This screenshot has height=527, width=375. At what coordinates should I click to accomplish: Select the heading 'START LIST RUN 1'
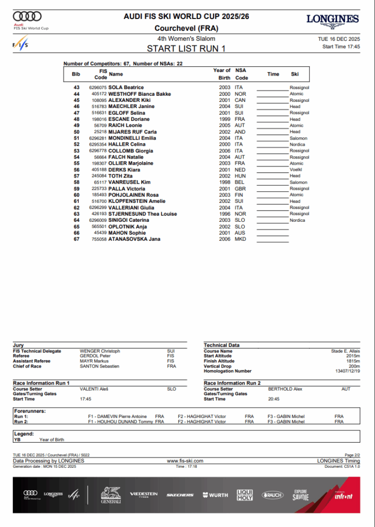[x=186, y=49]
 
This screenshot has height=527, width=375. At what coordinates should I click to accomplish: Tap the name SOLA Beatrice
[x=126, y=87]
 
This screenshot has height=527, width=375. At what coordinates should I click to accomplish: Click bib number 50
[x=77, y=132]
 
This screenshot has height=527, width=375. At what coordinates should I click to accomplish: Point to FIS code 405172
[x=99, y=94]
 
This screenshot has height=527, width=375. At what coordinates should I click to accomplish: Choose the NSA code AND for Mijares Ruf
[x=239, y=132]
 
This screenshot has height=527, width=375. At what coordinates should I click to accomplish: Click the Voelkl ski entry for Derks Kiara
[x=296, y=169]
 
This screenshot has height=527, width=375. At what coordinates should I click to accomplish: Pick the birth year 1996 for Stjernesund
[x=225, y=214]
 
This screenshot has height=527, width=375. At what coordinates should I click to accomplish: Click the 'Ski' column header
[x=295, y=74]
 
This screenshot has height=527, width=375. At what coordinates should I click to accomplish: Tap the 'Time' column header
[x=273, y=74]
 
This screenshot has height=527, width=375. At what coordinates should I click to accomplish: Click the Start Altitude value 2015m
[x=353, y=356]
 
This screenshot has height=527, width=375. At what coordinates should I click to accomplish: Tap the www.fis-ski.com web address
[x=185, y=461]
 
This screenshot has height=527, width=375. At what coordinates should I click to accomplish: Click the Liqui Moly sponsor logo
[x=245, y=495]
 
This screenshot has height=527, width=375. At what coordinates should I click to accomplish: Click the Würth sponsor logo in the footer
[x=215, y=495]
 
